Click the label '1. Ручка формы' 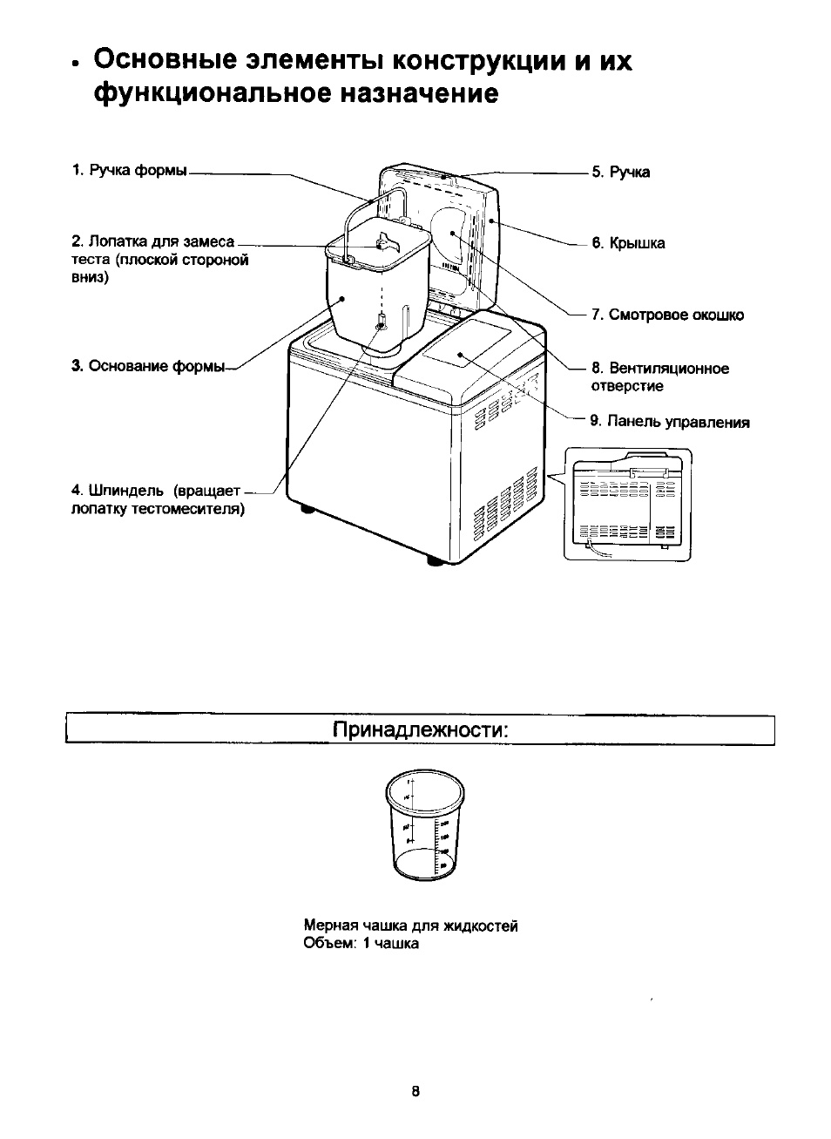(129, 170)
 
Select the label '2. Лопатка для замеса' (153, 241)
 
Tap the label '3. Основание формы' (147, 366)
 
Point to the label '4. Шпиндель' (155, 492)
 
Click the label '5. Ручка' (620, 173)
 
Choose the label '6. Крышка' (628, 244)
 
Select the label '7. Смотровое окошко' (667, 315)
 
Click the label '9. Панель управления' (669, 423)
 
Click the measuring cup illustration (425, 824)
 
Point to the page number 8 (415, 1091)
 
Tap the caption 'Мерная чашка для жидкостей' (410, 925)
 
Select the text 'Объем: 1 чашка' (361, 944)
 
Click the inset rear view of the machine (627, 504)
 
